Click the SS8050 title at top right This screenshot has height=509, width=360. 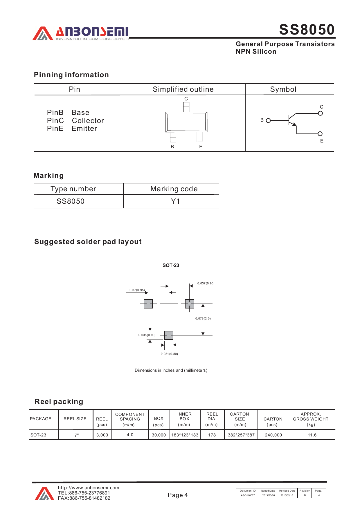tap(307, 30)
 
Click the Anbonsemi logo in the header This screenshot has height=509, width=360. tap(80, 33)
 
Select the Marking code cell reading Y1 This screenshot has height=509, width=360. tap(175, 201)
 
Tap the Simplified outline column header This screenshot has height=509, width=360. tap(183, 89)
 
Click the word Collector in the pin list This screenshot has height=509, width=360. tap(88, 120)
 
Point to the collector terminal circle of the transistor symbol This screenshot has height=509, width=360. tap(320, 113)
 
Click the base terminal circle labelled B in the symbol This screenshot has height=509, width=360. tap(268, 120)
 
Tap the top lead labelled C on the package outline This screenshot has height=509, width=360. tap(186, 106)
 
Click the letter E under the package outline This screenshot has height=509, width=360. tap(201, 147)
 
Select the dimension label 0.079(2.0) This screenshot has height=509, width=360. tap(203, 318)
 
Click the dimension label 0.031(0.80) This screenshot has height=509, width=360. tap(169, 354)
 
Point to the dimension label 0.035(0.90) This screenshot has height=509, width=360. tap(147, 335)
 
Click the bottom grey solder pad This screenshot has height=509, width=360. tap(169, 335)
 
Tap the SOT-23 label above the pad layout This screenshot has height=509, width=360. tap(171, 265)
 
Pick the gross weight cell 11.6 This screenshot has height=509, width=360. tap(312, 435)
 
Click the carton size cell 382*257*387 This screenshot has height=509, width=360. tap(241, 435)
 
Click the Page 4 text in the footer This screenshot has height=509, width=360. tap(177, 495)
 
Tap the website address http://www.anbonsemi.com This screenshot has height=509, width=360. tap(89, 488)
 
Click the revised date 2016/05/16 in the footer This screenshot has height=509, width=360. tap(287, 495)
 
